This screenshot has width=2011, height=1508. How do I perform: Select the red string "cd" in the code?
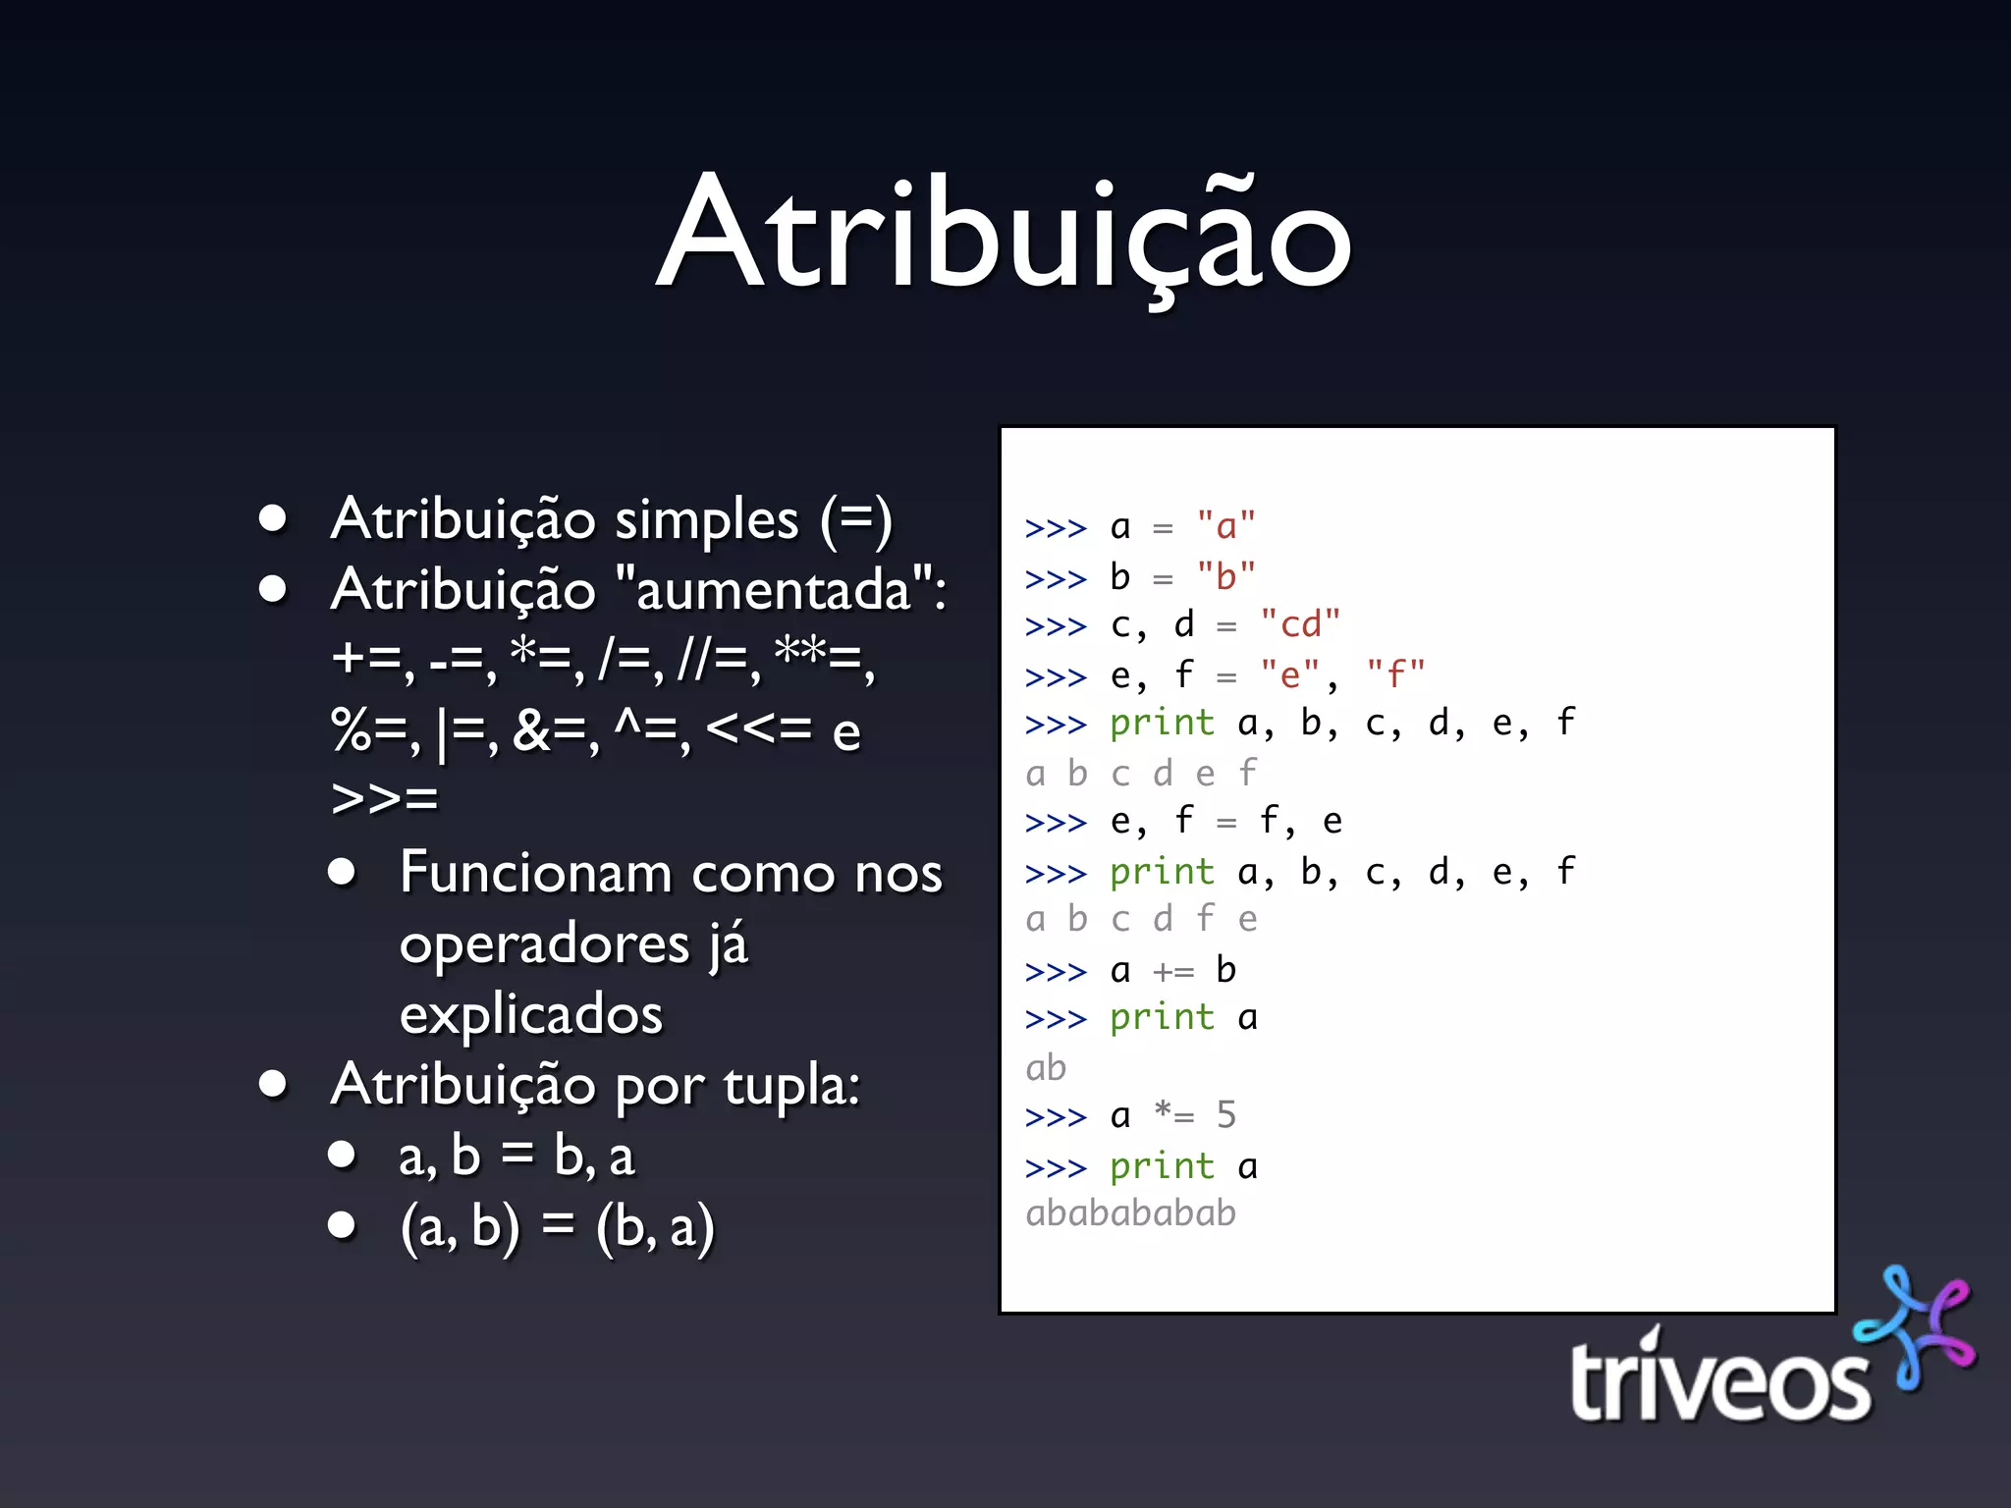1300,624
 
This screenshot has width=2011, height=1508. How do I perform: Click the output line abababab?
1130,1213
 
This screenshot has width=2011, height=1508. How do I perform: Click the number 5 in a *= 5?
1225,1115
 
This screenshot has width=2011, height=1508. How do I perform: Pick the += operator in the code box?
1173,971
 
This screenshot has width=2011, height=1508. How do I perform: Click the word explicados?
531,1013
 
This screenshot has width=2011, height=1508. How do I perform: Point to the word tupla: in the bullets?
791,1085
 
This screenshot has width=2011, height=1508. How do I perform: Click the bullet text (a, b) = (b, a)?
557,1226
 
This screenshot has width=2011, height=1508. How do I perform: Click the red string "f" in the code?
1395,674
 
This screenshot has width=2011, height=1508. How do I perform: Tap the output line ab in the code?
1046,1067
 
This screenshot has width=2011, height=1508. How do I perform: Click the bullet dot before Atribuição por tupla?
273,1084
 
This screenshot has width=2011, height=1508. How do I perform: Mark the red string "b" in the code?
1225,576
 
